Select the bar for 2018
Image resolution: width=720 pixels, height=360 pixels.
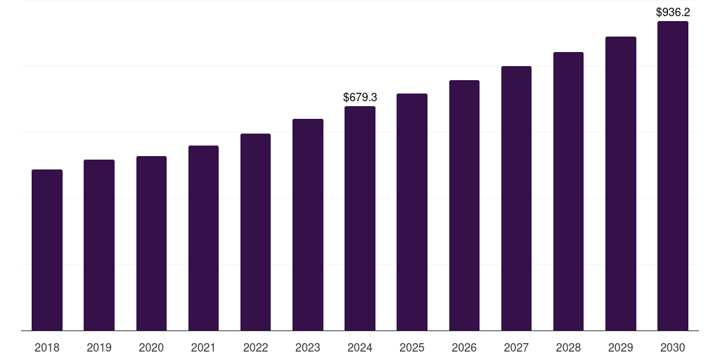click(x=47, y=250)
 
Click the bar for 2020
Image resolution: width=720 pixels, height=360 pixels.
click(x=151, y=243)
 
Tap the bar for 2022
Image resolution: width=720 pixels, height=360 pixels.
click(x=255, y=232)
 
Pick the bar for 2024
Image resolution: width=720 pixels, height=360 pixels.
click(x=360, y=218)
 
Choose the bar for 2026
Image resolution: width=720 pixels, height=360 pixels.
click(x=464, y=205)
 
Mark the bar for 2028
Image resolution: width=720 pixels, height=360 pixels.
click(x=568, y=191)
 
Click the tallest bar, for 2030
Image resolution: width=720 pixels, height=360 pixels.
click(x=672, y=176)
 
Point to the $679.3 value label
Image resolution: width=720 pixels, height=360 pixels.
click(x=360, y=98)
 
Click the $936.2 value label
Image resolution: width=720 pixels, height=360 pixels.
click(x=673, y=12)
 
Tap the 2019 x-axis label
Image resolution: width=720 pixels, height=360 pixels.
click(x=99, y=347)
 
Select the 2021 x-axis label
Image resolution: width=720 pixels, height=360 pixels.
click(x=203, y=347)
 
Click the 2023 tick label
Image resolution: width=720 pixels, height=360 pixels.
click(x=307, y=347)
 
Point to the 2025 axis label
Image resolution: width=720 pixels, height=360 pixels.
click(x=412, y=347)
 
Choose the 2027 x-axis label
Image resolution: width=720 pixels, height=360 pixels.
click(x=516, y=347)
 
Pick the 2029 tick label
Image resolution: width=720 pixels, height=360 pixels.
click(x=620, y=347)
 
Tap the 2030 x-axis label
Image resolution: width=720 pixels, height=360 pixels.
click(x=672, y=347)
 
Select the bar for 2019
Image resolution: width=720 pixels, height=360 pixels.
click(x=99, y=245)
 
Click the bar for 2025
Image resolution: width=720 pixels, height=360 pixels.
click(x=412, y=212)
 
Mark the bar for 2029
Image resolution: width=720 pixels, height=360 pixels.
click(x=620, y=184)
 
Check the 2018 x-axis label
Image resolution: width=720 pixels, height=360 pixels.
click(x=47, y=347)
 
